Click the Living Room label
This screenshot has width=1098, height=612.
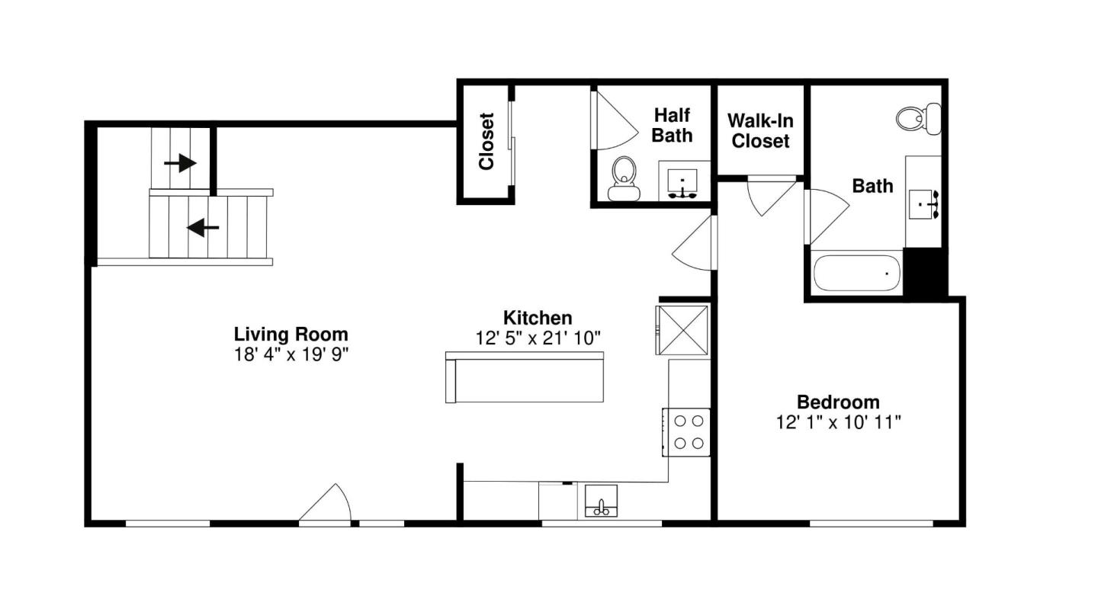[x=291, y=334]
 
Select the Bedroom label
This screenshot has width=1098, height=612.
[x=838, y=402]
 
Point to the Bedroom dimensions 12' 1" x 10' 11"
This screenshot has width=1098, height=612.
[x=838, y=421]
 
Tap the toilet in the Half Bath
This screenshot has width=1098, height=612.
[x=624, y=178]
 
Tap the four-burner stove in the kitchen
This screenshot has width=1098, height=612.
[x=687, y=431]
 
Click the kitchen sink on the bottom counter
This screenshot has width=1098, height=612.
[x=602, y=501]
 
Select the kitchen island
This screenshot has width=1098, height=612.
[x=525, y=377]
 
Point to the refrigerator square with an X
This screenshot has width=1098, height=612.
[x=682, y=329]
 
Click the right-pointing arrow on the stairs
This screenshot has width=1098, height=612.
[x=181, y=162]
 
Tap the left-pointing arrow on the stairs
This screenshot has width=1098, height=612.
[x=203, y=227]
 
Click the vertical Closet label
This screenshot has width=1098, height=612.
[x=486, y=142]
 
